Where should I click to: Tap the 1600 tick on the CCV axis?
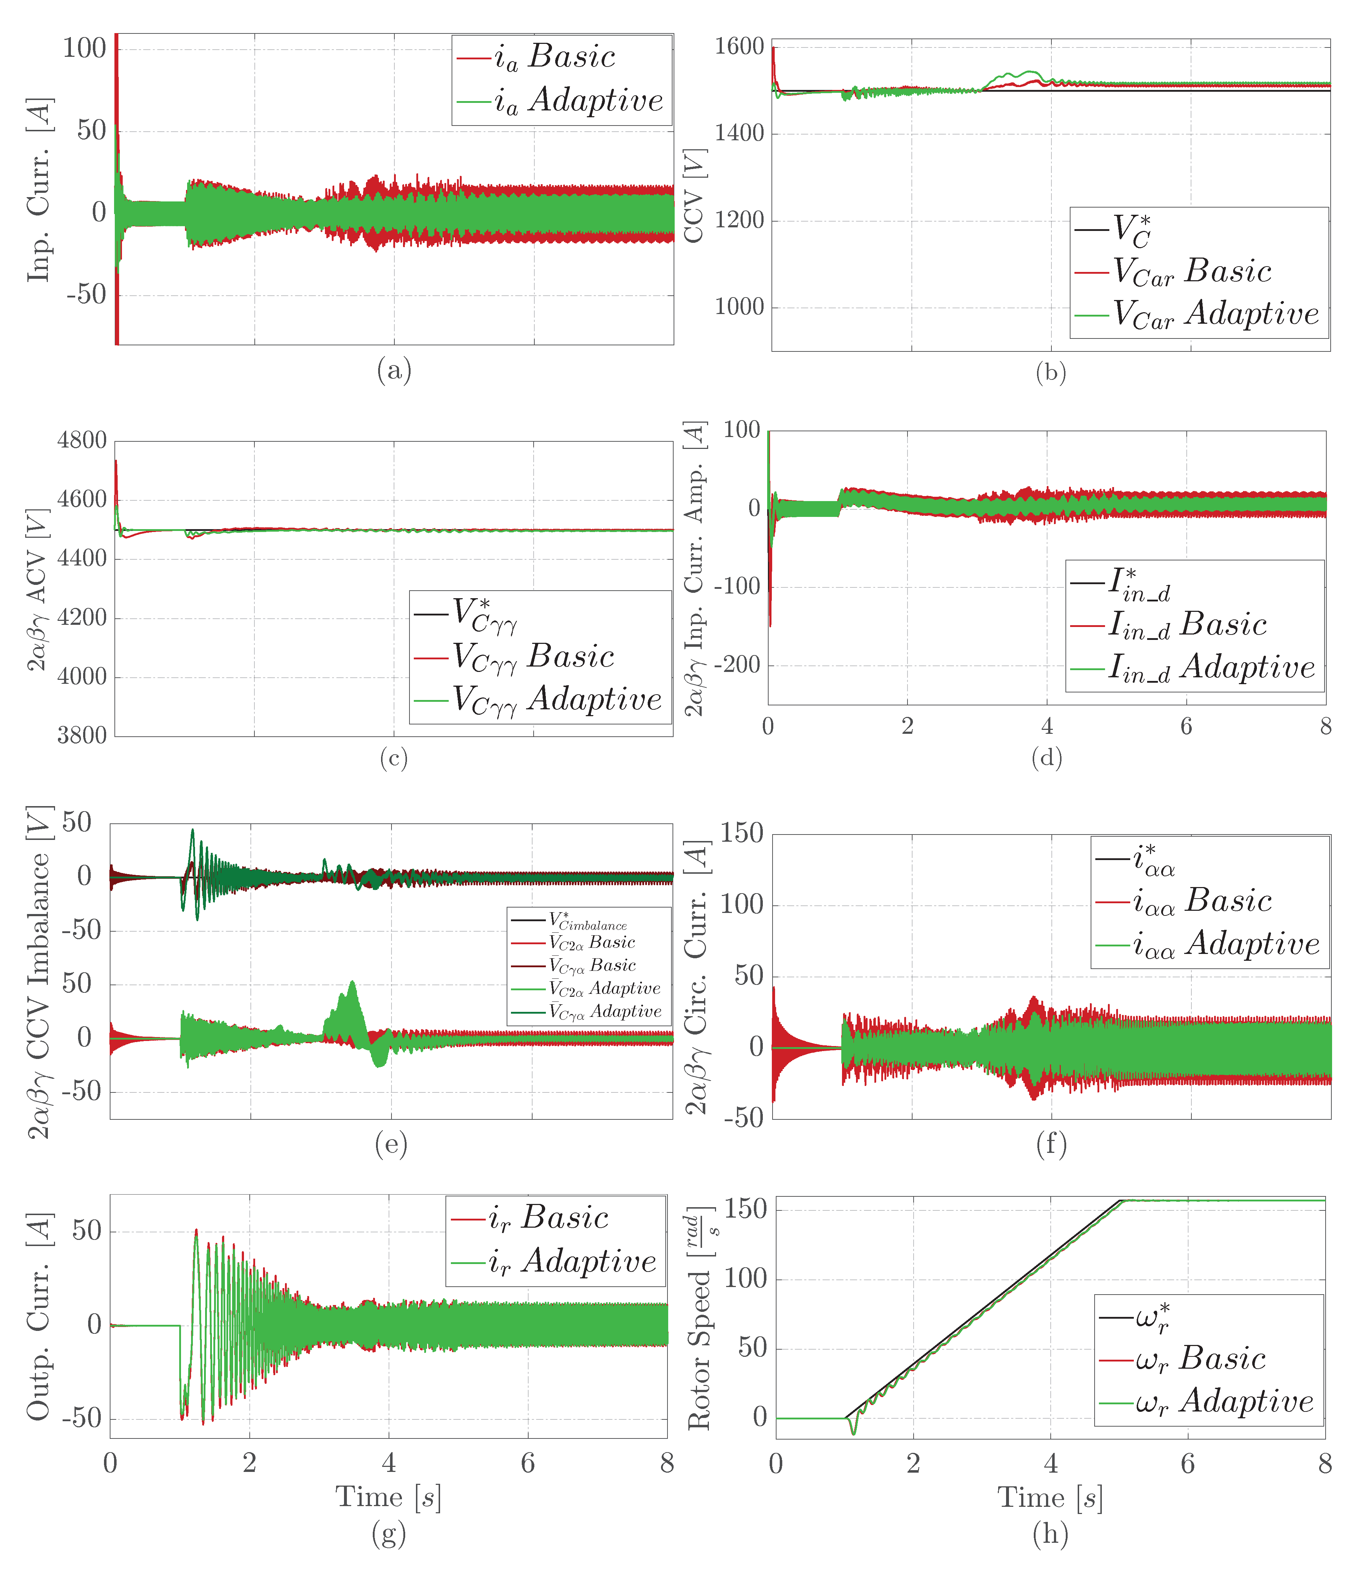(738, 47)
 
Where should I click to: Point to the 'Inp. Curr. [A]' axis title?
(38, 190)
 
